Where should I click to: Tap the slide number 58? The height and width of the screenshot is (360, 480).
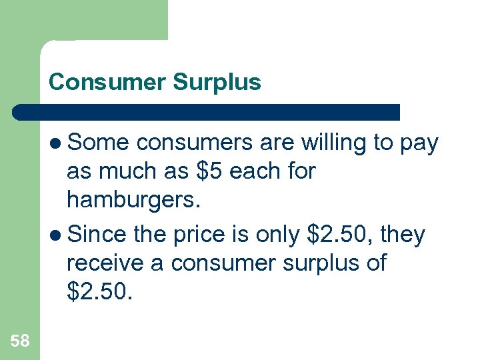coord(20,341)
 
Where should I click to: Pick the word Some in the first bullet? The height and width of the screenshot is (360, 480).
coord(99,143)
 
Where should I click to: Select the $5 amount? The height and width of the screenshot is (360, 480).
coord(210,172)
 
